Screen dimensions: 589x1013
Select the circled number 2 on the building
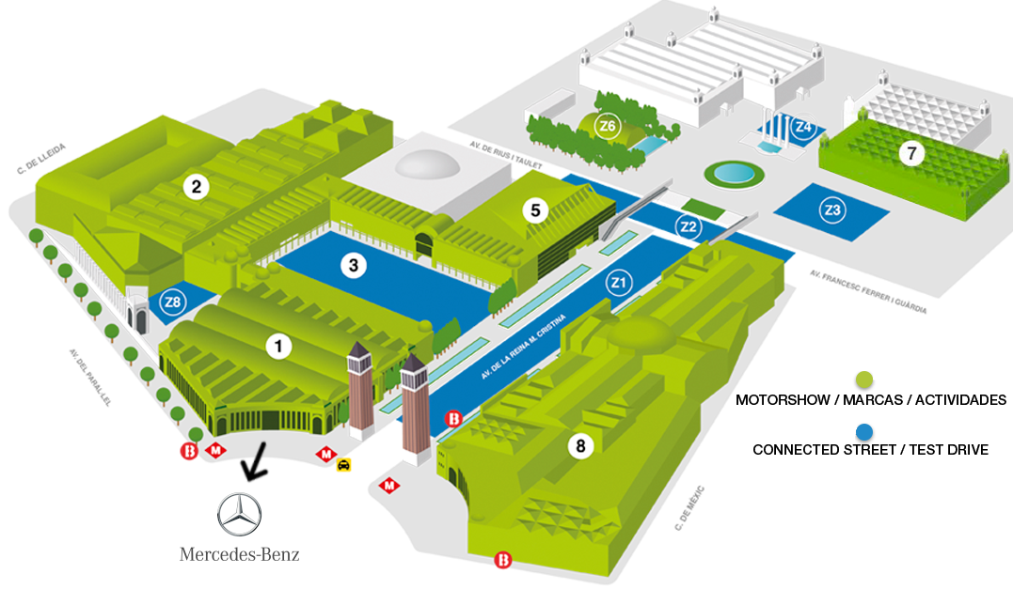196,187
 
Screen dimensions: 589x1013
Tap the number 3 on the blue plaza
353,266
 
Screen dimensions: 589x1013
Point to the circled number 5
535,210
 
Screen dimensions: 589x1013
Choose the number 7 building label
911,152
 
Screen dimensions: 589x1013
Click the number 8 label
580,447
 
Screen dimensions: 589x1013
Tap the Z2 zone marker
689,226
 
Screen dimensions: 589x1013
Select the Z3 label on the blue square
831,210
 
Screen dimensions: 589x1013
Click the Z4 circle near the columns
802,126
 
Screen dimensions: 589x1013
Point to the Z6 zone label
608,127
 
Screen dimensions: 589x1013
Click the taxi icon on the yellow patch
345,465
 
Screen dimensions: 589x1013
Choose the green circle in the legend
864,380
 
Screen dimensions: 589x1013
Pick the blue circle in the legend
866,433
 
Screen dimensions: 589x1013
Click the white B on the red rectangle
189,453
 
